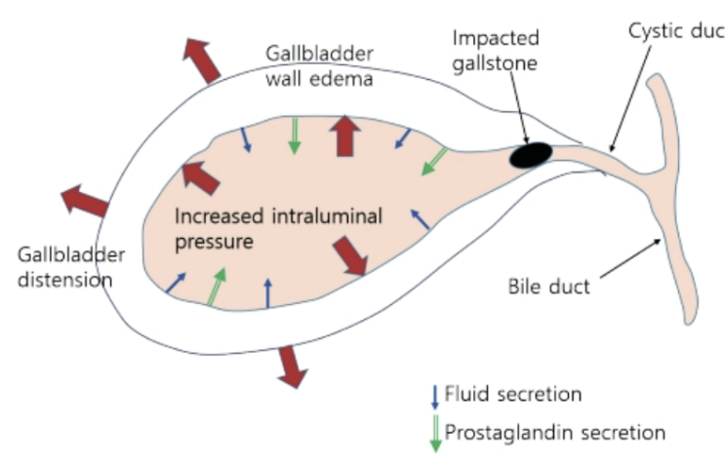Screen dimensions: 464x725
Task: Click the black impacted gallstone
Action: click(532, 155)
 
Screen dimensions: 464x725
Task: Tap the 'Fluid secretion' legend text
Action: click(512, 394)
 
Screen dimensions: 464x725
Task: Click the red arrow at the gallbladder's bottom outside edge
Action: click(290, 365)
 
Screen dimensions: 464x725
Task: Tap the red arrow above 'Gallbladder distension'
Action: click(85, 202)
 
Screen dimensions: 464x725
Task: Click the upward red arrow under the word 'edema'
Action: click(342, 135)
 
